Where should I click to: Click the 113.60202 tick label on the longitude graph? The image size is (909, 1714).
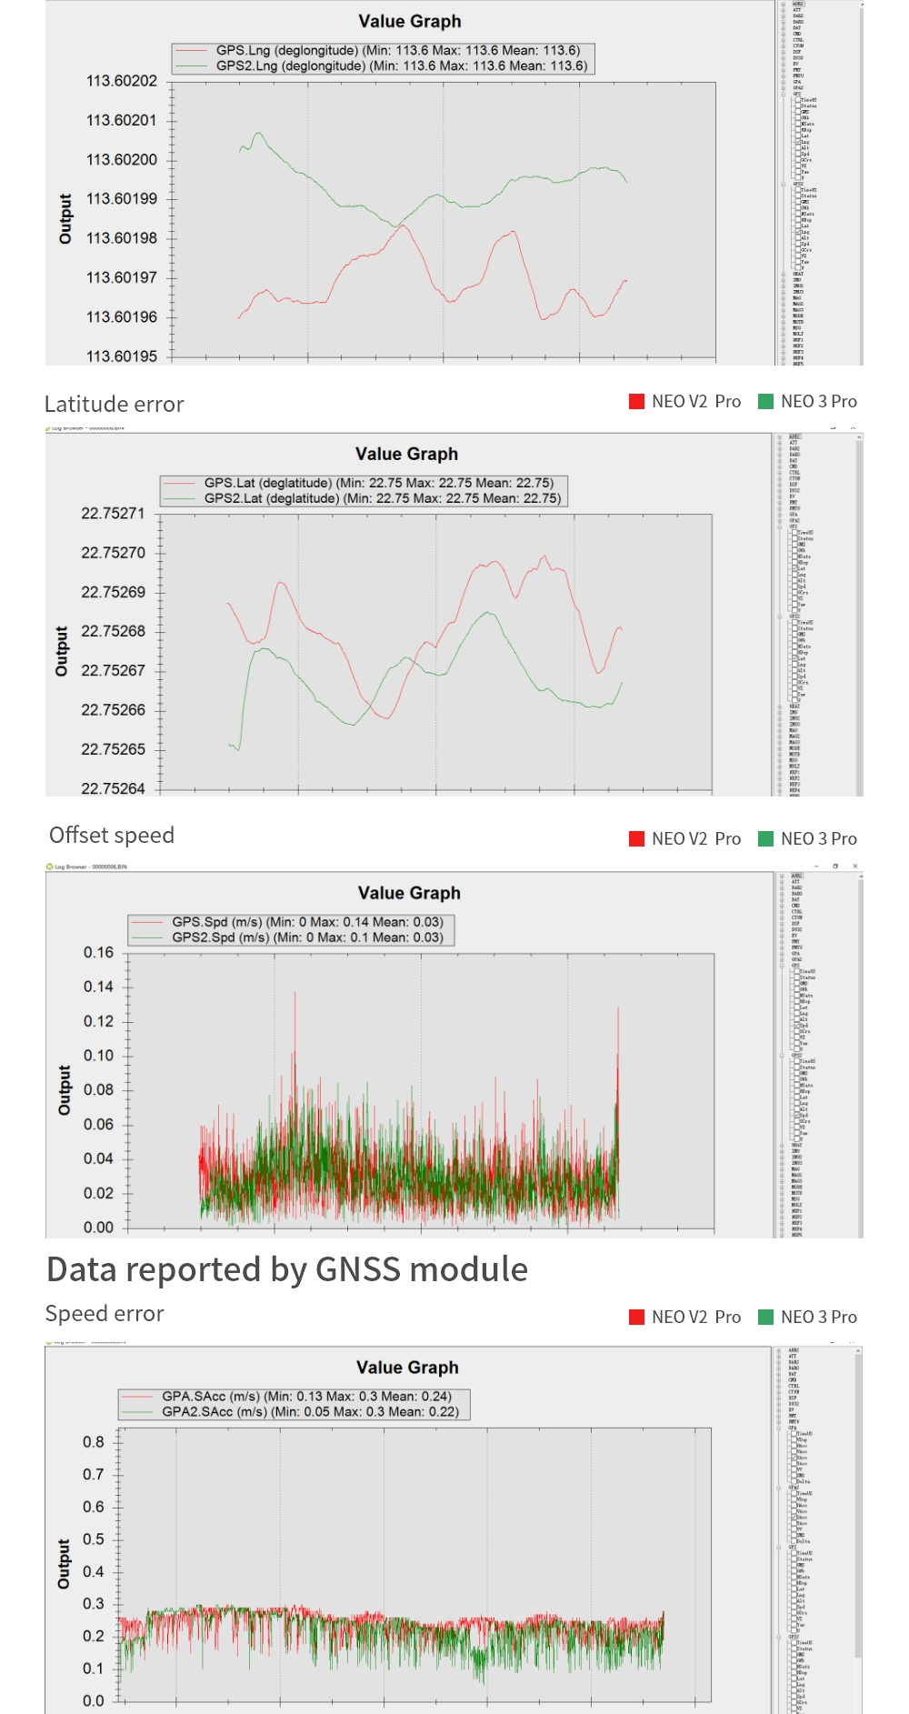click(x=122, y=81)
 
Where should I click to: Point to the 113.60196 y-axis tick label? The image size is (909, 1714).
click(x=122, y=317)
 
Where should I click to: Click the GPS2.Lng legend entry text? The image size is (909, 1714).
click(x=401, y=65)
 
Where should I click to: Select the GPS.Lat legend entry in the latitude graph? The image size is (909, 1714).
click(x=378, y=483)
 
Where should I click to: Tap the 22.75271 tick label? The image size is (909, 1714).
click(x=113, y=514)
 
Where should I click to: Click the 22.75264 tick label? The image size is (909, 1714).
click(x=113, y=788)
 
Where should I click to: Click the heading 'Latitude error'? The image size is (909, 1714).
click(x=115, y=405)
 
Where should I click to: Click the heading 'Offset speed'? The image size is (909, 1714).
click(x=112, y=836)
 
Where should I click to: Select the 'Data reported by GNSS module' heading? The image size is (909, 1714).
click(x=287, y=1269)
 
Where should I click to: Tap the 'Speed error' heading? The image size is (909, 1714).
click(x=105, y=1314)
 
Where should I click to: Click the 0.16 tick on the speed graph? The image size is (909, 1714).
click(x=98, y=953)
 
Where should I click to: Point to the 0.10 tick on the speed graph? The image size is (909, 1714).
click(x=98, y=1056)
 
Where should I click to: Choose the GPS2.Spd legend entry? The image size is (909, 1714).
click(x=307, y=937)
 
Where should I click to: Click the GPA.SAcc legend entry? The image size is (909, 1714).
click(x=306, y=1396)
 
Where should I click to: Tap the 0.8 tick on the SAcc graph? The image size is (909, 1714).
click(x=94, y=1442)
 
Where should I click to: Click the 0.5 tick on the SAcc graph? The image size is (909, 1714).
click(x=94, y=1539)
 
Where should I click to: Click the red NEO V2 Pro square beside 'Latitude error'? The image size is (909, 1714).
click(x=637, y=402)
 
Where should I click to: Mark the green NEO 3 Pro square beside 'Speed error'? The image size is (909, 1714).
click(x=766, y=1318)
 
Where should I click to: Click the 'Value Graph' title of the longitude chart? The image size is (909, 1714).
click(x=410, y=22)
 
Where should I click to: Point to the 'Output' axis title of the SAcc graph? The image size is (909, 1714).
click(x=64, y=1565)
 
